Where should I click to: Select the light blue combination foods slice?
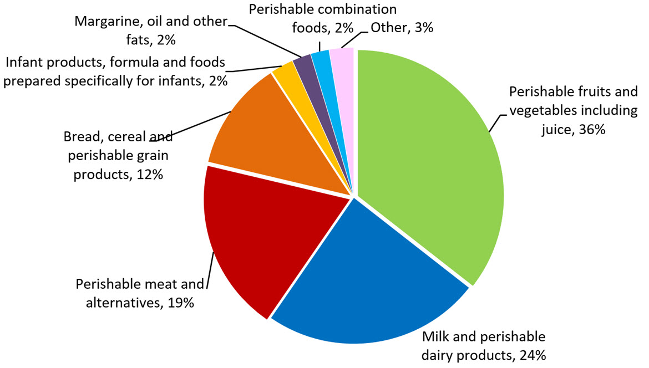coord(320,59)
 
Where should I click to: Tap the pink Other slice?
coord(342,58)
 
